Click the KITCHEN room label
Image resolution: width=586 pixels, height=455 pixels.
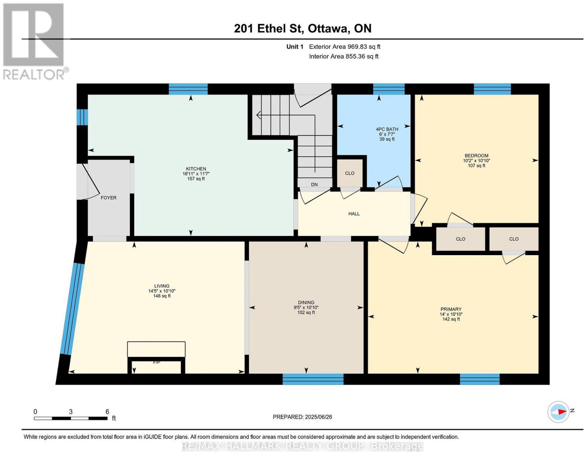(x=196, y=169)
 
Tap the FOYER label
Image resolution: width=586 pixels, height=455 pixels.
(x=109, y=198)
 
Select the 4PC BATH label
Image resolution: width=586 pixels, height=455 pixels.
(x=387, y=129)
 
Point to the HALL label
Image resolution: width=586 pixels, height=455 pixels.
(x=354, y=214)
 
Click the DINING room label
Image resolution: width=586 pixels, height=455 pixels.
(x=306, y=302)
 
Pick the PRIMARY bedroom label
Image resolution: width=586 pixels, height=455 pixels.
(x=451, y=309)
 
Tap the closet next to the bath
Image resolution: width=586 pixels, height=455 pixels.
(x=350, y=173)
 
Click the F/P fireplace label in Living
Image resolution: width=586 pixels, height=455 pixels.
(x=156, y=362)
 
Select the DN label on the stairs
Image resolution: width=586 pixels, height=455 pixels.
(x=314, y=184)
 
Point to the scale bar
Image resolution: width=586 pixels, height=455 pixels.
(x=71, y=418)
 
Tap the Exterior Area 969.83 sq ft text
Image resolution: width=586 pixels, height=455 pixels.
(x=345, y=46)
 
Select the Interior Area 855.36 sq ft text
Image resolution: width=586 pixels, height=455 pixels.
(x=344, y=56)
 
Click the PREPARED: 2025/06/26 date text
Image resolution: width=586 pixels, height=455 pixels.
(x=302, y=417)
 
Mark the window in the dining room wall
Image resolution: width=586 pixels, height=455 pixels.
(x=313, y=379)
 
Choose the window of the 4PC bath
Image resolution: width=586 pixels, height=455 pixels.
(x=389, y=89)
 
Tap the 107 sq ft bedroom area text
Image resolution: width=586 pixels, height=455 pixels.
(x=476, y=165)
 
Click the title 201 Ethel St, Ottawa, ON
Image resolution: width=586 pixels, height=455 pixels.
(x=303, y=28)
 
